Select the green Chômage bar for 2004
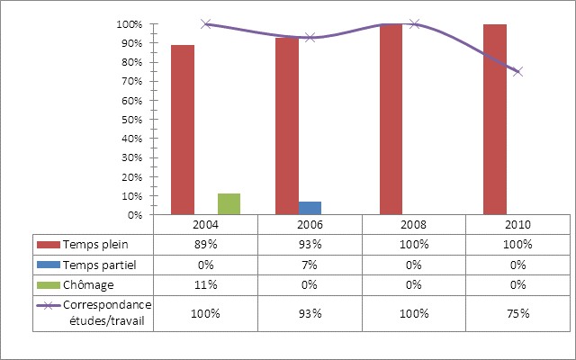pos(229,204)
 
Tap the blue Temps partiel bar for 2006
pos(310,208)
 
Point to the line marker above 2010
pos(517,71)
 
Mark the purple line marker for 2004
pos(206,24)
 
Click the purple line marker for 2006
pos(310,37)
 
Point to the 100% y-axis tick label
pos(130,24)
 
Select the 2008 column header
pos(413,224)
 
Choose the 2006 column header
pos(310,224)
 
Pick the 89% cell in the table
pos(206,244)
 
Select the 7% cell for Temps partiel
pos(310,264)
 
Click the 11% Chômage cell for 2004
pos(206,283)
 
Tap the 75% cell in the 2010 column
pos(517,313)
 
